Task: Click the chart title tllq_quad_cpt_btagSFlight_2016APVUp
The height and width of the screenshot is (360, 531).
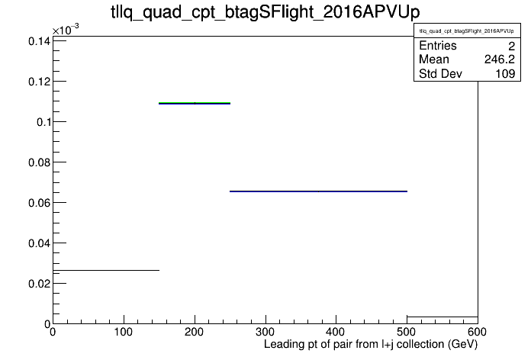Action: click(x=265, y=12)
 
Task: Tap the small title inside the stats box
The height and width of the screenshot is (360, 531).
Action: click(x=466, y=31)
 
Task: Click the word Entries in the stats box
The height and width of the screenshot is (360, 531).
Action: click(x=437, y=45)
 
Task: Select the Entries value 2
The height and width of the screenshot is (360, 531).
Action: click(x=511, y=46)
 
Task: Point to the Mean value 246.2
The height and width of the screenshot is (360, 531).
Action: click(x=499, y=59)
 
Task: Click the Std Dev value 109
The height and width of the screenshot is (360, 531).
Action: click(x=505, y=73)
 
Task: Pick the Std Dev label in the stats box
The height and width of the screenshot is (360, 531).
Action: click(x=440, y=73)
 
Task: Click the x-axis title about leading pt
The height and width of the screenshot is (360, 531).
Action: click(x=371, y=344)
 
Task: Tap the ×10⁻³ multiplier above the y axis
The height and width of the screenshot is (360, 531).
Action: click(x=66, y=30)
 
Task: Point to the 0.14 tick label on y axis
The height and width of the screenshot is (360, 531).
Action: click(x=39, y=41)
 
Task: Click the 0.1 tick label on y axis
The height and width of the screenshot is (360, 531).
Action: click(x=43, y=122)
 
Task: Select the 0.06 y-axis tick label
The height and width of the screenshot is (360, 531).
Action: click(x=39, y=203)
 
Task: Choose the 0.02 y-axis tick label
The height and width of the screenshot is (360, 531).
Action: click(x=39, y=284)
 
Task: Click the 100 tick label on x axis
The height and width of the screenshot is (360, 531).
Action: click(x=124, y=332)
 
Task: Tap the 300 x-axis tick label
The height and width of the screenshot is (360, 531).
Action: click(x=265, y=332)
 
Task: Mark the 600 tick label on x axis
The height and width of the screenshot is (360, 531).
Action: click(x=477, y=332)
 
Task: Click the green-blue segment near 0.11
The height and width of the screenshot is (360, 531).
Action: click(x=195, y=103)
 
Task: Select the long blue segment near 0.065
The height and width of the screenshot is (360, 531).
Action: click(x=318, y=191)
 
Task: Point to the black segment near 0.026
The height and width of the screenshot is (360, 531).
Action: click(x=106, y=270)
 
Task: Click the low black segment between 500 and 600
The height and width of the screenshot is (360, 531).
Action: click(x=443, y=317)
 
